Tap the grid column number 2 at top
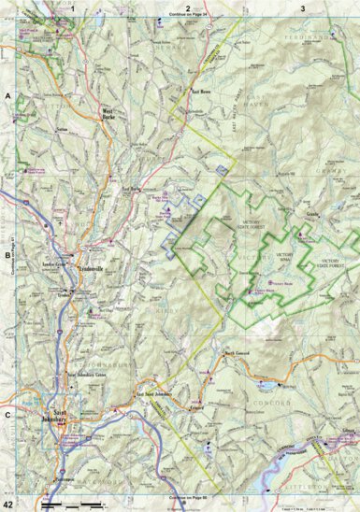[188, 7]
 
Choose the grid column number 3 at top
[302, 7]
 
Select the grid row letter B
[7, 253]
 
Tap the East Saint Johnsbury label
[153, 396]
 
